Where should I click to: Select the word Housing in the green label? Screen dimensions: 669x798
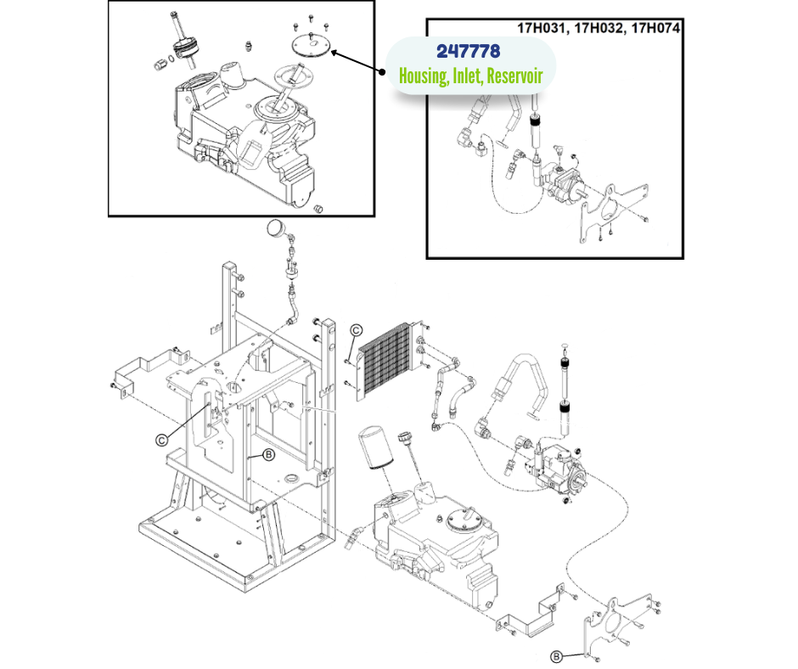[423, 76]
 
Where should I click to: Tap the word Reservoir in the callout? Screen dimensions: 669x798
[514, 76]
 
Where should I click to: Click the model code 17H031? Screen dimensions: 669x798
[543, 27]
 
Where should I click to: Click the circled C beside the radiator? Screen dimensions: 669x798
[357, 330]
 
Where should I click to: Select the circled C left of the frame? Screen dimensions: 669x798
[160, 439]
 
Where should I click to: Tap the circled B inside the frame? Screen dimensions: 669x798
[268, 455]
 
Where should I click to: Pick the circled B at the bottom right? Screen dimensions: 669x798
[556, 655]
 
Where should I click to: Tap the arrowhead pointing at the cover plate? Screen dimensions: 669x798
[334, 53]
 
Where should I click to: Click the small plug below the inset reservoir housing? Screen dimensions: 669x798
[320, 207]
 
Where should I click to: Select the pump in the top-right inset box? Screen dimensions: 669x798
[565, 183]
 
